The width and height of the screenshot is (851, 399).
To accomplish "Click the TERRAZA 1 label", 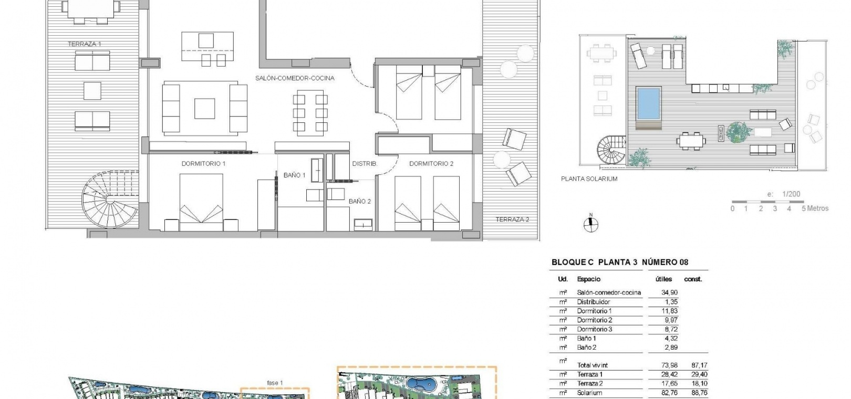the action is pyautogui.click(x=85, y=44).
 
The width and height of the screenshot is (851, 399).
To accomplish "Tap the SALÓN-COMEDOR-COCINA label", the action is pyautogui.click(x=295, y=78).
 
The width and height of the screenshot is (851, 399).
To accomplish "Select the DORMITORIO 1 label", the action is pyautogui.click(x=204, y=164).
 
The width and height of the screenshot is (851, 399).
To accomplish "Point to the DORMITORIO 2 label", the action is pyautogui.click(x=431, y=164).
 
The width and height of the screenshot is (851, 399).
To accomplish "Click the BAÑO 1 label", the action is pyautogui.click(x=294, y=175).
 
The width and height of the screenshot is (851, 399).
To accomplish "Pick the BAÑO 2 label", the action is pyautogui.click(x=360, y=201).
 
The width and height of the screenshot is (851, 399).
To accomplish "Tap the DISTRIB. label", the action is pyautogui.click(x=365, y=164).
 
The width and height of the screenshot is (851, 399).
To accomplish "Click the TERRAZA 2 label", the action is pyautogui.click(x=512, y=219).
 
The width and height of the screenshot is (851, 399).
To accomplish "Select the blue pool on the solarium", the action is pyautogui.click(x=649, y=103).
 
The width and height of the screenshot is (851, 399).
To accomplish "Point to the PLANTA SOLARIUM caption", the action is pyautogui.click(x=589, y=179).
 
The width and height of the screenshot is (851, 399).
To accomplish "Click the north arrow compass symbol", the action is pyautogui.click(x=591, y=224).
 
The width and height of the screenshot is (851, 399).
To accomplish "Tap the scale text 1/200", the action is pyautogui.click(x=791, y=194).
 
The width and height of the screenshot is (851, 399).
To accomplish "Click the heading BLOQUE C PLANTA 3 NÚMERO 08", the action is pyautogui.click(x=620, y=262).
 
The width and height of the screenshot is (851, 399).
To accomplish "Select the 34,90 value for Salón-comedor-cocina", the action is pyautogui.click(x=669, y=292).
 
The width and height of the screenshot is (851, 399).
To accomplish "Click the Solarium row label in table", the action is pyautogui.click(x=589, y=393).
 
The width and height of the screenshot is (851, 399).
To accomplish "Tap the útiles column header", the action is pyautogui.click(x=663, y=279).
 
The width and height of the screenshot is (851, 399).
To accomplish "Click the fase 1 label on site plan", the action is pyautogui.click(x=275, y=383).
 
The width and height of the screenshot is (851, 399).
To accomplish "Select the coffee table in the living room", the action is pyautogui.click(x=205, y=109).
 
